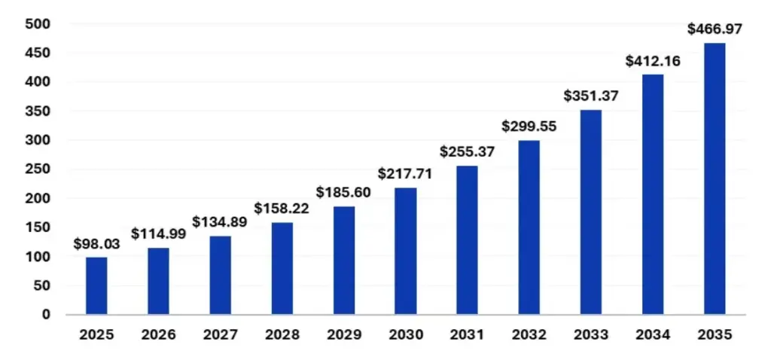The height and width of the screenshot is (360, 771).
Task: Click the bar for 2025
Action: click(96, 285)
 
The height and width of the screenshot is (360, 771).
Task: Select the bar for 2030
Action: click(405, 251)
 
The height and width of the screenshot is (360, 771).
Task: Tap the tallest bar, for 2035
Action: click(714, 178)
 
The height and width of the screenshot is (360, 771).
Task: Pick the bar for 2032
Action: click(529, 227)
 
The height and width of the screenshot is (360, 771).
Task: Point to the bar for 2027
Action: click(220, 275)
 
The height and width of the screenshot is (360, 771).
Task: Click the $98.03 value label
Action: click(96, 243)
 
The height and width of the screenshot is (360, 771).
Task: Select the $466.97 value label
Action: click(715, 29)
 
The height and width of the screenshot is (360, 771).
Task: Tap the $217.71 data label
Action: click(405, 174)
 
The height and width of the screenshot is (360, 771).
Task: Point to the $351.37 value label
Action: click(591, 96)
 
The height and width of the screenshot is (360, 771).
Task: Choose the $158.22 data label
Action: click(282, 208)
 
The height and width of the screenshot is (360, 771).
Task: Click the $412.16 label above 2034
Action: click(653, 61)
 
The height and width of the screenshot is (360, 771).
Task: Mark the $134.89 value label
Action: click(220, 222)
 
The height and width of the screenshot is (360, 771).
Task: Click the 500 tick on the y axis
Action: click(38, 24)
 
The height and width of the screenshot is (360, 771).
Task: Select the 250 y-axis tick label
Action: click(38, 169)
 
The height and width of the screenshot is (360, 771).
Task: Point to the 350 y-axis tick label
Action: click(38, 111)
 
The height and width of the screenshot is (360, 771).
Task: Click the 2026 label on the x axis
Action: click(158, 334)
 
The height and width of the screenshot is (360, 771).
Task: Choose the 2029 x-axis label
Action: click(343, 334)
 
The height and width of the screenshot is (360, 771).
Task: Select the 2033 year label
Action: click(590, 334)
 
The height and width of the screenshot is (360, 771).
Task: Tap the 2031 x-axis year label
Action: click(467, 334)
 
